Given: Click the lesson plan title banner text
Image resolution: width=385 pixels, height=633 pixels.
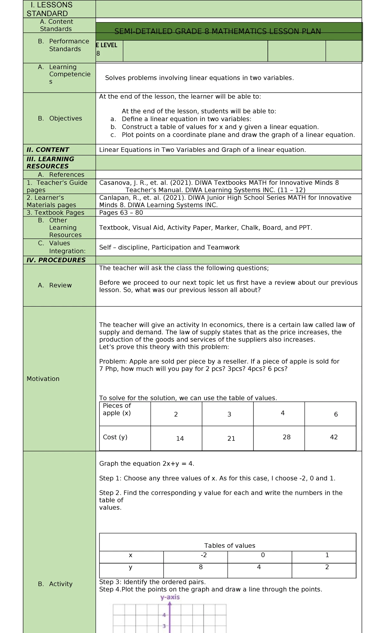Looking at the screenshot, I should [218, 31].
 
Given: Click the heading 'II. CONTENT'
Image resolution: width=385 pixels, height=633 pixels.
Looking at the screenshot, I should [48, 150].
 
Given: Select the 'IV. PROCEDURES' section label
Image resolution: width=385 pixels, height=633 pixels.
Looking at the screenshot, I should [56, 260].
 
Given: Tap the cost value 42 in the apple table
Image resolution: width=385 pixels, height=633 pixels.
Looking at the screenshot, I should [334, 437].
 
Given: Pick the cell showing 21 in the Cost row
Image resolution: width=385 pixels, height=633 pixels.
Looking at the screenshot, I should [231, 439].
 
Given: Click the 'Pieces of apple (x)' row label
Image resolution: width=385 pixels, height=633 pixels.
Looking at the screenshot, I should [117, 409].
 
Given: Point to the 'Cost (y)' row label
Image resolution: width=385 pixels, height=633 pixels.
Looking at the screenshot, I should [115, 437].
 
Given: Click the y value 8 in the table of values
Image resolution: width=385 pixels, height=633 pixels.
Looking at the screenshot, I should [201, 567].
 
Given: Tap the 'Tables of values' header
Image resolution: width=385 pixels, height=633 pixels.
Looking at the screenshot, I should [230, 546].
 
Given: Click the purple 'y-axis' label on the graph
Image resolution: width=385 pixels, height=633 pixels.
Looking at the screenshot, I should [170, 597].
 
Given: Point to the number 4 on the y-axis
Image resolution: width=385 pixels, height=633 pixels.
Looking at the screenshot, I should [164, 615].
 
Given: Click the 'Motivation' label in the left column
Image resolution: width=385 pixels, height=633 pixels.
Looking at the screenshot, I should [43, 379].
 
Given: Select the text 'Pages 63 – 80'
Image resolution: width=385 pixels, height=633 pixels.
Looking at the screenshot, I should [121, 213].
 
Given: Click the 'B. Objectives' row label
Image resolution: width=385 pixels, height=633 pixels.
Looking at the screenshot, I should [60, 118].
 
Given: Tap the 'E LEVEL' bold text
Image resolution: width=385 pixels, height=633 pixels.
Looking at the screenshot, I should [107, 45].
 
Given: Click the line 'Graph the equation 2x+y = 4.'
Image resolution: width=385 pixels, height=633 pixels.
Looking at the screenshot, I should [147, 464].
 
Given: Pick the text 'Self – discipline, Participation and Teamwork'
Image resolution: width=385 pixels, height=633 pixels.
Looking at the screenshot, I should [169, 247].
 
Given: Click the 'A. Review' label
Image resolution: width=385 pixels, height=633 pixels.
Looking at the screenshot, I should [55, 285].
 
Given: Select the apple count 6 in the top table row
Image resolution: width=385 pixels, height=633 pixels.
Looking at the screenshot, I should [336, 414].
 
